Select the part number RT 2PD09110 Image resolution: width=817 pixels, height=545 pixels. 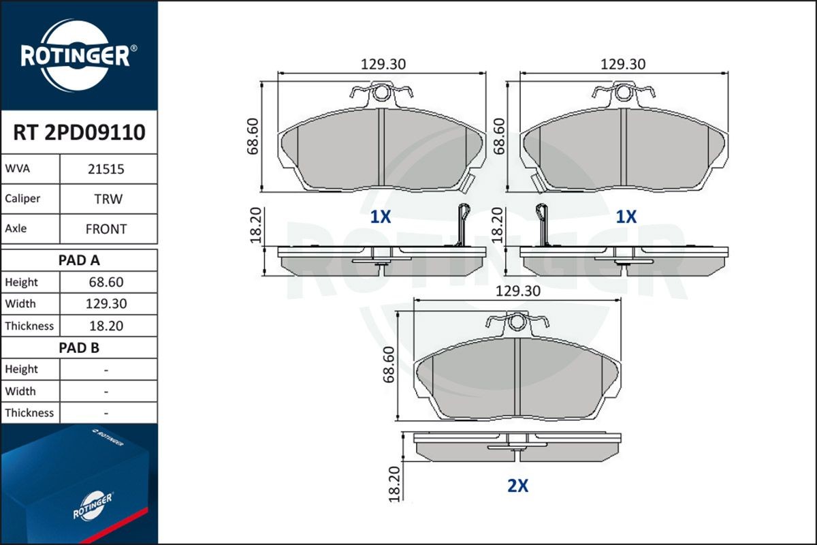point(79,133)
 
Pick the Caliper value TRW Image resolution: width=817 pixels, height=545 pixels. point(106,199)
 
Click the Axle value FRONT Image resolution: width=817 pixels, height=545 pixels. point(106,229)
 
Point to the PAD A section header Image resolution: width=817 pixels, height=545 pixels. point(79,260)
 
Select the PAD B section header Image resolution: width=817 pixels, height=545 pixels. point(79,347)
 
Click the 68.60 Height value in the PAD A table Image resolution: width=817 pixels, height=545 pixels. point(106,282)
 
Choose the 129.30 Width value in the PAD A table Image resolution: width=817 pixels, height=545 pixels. point(106,304)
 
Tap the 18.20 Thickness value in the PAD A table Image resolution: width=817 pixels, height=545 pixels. point(106,326)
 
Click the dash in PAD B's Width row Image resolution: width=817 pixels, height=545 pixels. point(106,391)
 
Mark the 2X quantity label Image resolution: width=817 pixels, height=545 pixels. point(517,486)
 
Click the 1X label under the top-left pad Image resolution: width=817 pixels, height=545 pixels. point(380,217)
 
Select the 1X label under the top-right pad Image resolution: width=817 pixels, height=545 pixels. point(626,217)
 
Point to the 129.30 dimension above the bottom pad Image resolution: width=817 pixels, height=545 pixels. point(517,291)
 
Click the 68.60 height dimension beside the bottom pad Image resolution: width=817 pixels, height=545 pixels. point(389,364)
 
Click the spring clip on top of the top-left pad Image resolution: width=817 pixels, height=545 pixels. point(381,93)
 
